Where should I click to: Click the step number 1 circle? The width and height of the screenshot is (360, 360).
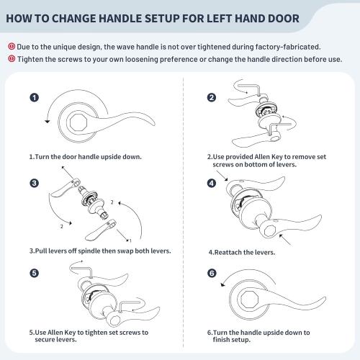pyautogui.click(x=34, y=97)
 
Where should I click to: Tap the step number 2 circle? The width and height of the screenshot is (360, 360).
pyautogui.click(x=212, y=98)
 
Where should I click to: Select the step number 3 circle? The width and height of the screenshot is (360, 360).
pyautogui.click(x=34, y=182)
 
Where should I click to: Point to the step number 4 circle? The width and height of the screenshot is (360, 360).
pyautogui.click(x=212, y=183)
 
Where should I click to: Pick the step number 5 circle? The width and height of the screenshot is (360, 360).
pyautogui.click(x=34, y=274)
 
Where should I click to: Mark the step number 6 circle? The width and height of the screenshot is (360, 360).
pyautogui.click(x=212, y=274)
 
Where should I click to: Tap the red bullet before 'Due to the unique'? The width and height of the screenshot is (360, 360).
pyautogui.click(x=12, y=47)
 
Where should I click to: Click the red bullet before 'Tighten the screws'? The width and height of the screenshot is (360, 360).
pyautogui.click(x=12, y=58)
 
